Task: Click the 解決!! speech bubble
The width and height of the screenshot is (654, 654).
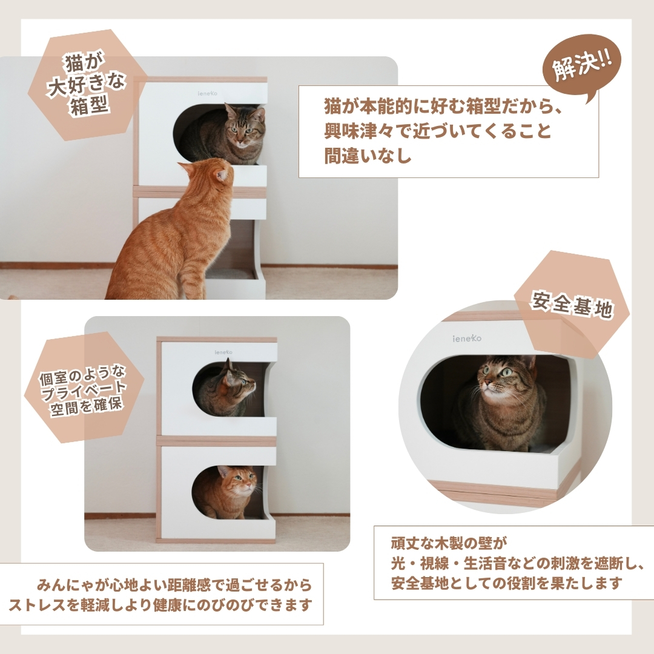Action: (x=582, y=67)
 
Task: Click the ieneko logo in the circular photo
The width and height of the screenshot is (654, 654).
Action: (x=467, y=339)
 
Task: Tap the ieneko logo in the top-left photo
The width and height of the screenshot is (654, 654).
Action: (x=207, y=93)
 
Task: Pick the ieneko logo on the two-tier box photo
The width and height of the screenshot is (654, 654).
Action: (x=223, y=352)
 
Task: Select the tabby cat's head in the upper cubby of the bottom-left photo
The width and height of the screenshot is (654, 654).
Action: (x=238, y=380)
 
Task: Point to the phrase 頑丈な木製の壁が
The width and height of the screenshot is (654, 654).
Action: (x=449, y=543)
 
